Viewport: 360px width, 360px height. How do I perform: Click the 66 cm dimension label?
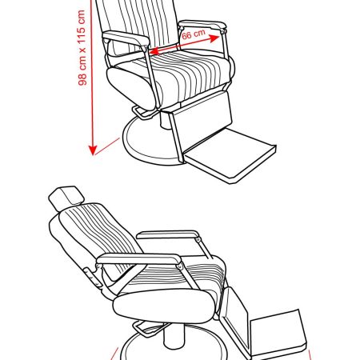[194, 34]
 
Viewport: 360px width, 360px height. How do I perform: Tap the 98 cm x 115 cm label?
[82, 48]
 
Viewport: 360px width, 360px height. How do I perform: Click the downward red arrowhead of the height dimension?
[93, 150]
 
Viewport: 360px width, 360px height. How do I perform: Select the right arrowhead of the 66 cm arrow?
[214, 38]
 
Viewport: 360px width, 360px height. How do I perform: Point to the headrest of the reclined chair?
[66, 198]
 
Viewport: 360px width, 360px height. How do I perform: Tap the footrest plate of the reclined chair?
[278, 334]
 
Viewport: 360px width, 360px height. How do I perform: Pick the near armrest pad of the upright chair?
[126, 38]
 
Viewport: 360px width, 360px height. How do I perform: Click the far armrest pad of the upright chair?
[202, 25]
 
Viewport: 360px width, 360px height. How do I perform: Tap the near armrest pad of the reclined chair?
[138, 259]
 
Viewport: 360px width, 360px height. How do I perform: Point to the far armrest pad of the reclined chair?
[168, 234]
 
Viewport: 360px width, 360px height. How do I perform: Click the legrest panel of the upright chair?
[202, 120]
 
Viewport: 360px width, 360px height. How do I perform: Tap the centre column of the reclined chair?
[174, 336]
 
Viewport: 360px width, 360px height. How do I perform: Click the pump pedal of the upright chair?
[142, 112]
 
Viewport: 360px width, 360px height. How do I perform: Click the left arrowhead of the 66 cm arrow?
[154, 51]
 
